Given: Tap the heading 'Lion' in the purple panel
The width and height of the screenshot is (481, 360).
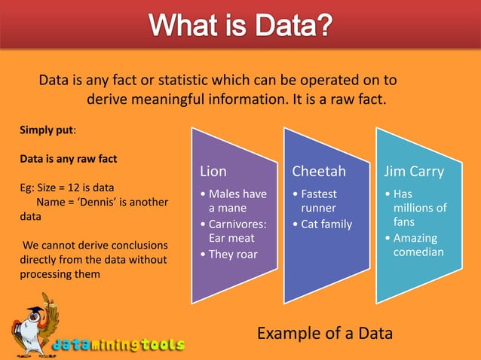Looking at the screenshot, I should point(213,171).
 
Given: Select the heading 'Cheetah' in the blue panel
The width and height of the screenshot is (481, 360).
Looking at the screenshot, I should point(319,171).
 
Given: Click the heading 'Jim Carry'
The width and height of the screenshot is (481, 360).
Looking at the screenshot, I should point(414,171).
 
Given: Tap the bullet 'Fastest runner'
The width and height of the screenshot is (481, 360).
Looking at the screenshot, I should point(318,200).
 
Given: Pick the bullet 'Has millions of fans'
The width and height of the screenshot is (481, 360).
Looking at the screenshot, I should point(419,208).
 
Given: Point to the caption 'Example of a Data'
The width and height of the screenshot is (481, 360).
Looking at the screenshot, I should point(324,333).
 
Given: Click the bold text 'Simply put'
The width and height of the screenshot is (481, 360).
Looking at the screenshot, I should point(46,130).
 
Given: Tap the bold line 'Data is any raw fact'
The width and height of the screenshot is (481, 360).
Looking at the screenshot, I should point(68,159).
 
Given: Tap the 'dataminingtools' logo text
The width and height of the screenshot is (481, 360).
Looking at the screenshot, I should point(118,345).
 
